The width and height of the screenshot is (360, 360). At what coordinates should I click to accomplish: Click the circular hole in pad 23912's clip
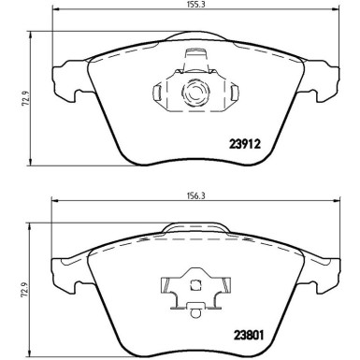(196, 93)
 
